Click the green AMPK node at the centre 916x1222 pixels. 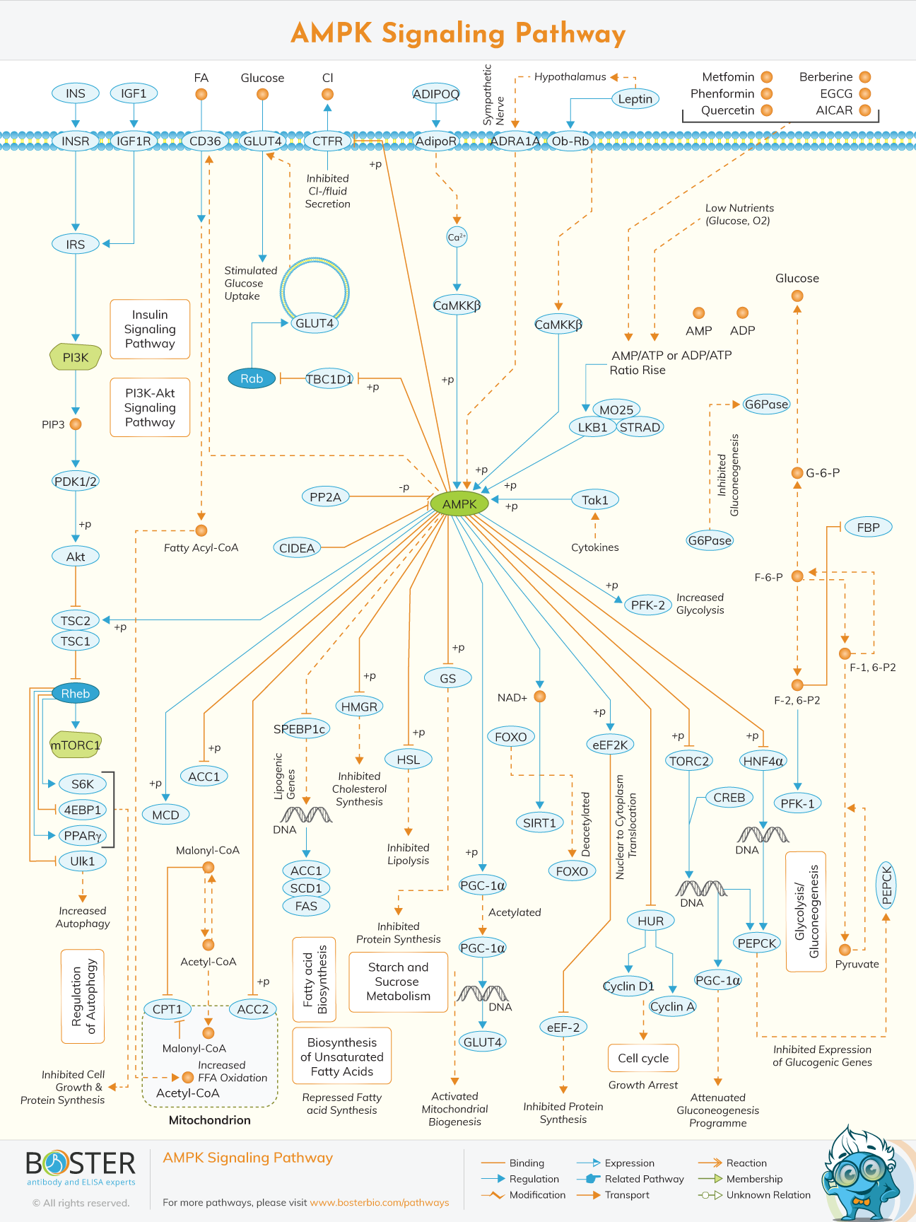click(x=459, y=504)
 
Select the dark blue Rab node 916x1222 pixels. click(x=252, y=378)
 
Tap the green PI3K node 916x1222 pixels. click(x=76, y=357)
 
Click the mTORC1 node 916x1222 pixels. click(x=76, y=745)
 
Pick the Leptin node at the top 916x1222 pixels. click(x=635, y=99)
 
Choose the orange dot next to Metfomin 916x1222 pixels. click(x=766, y=77)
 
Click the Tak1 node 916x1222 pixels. click(x=595, y=500)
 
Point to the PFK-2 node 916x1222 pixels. click(x=647, y=605)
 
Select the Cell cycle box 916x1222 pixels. click(x=643, y=1058)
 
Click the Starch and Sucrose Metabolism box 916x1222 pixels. click(x=399, y=982)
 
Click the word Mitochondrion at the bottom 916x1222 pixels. click(x=209, y=1120)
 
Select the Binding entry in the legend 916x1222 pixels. click(x=527, y=1163)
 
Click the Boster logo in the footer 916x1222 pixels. click(x=81, y=1166)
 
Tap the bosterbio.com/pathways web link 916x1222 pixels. click(x=380, y=1202)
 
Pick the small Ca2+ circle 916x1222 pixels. click(x=457, y=237)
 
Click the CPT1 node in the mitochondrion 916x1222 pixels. click(x=168, y=1009)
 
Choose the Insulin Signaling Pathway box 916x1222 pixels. click(x=150, y=329)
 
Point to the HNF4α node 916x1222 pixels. click(x=763, y=761)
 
